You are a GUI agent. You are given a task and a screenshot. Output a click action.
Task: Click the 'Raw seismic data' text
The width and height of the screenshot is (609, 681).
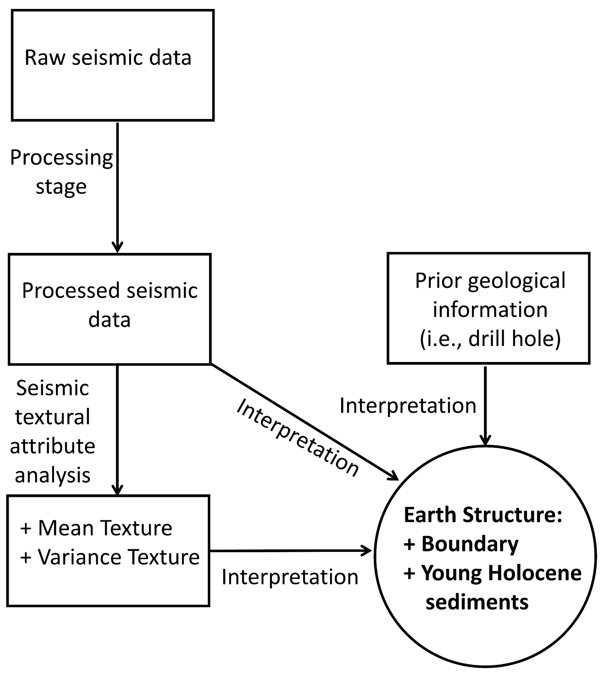pos(108,58)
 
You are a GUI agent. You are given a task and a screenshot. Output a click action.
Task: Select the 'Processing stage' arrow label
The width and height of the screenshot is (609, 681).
pos(61,171)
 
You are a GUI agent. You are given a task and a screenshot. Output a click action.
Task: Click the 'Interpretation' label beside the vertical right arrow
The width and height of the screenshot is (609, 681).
pos(408,406)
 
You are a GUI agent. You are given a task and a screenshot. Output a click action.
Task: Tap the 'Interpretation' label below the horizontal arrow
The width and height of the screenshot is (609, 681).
pos(290,577)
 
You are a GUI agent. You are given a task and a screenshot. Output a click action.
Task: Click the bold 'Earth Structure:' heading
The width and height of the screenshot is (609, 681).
pos(483,515)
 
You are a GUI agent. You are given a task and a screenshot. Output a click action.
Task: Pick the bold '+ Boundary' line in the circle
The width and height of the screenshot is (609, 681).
pos(461,544)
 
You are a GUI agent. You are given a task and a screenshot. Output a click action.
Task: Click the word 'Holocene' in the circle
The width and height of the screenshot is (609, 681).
pos(535,573)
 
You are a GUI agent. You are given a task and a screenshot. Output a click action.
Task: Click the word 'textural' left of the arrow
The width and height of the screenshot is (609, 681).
pos(53,417)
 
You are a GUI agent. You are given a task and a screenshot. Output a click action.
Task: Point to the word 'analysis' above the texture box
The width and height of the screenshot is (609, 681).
pos(53,475)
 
